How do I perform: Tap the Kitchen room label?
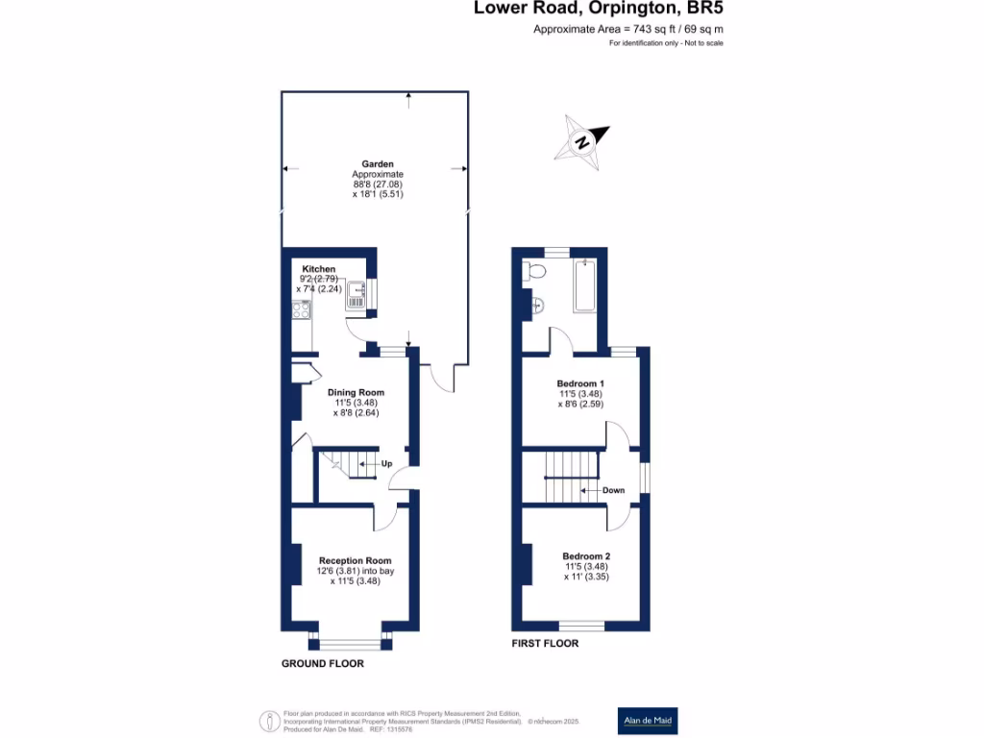tap(319, 269)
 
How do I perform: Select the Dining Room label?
tap(356, 392)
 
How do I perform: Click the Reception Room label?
tap(356, 560)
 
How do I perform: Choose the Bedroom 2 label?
tap(586, 556)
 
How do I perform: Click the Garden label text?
tap(378, 164)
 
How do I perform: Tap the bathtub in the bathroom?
tap(585, 285)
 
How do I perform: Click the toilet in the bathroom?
tap(534, 273)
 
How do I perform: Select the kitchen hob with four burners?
tap(300, 310)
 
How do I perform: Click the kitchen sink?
tap(356, 293)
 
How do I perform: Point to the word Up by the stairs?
tap(387, 464)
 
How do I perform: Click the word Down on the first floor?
tap(613, 490)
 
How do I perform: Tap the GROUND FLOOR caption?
tap(323, 664)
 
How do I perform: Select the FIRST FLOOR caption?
tap(545, 644)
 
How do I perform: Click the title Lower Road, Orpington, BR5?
tap(599, 10)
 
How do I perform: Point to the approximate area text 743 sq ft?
tap(628, 30)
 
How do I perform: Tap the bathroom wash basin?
tap(538, 307)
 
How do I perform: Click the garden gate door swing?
tap(443, 381)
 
